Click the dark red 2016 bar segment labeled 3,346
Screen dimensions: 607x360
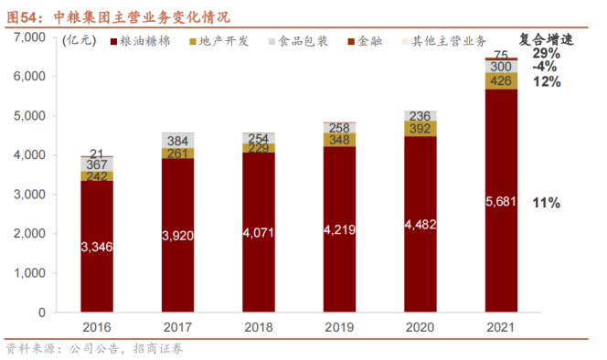point(97,246)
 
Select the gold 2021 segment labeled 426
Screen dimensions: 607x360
point(501,81)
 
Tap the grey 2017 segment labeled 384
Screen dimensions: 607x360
point(177,141)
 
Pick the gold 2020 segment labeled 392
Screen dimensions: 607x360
point(420,129)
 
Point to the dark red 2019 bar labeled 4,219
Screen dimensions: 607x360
point(339,229)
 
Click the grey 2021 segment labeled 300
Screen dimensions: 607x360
point(501,67)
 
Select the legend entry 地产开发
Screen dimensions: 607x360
point(219,41)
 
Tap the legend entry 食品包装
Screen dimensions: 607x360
point(298,41)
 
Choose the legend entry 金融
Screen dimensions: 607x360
point(365,41)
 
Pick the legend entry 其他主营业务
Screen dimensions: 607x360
point(444,41)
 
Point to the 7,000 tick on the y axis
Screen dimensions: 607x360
point(29,37)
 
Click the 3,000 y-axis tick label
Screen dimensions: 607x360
point(29,195)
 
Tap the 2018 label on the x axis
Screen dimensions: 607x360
point(259,327)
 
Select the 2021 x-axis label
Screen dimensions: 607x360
point(501,327)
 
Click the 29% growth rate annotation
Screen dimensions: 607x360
point(547,53)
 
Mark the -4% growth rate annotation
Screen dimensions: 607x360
point(545,67)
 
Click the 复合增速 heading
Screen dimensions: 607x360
point(546,39)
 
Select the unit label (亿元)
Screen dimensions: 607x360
point(80,40)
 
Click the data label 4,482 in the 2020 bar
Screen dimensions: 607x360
point(421,225)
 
